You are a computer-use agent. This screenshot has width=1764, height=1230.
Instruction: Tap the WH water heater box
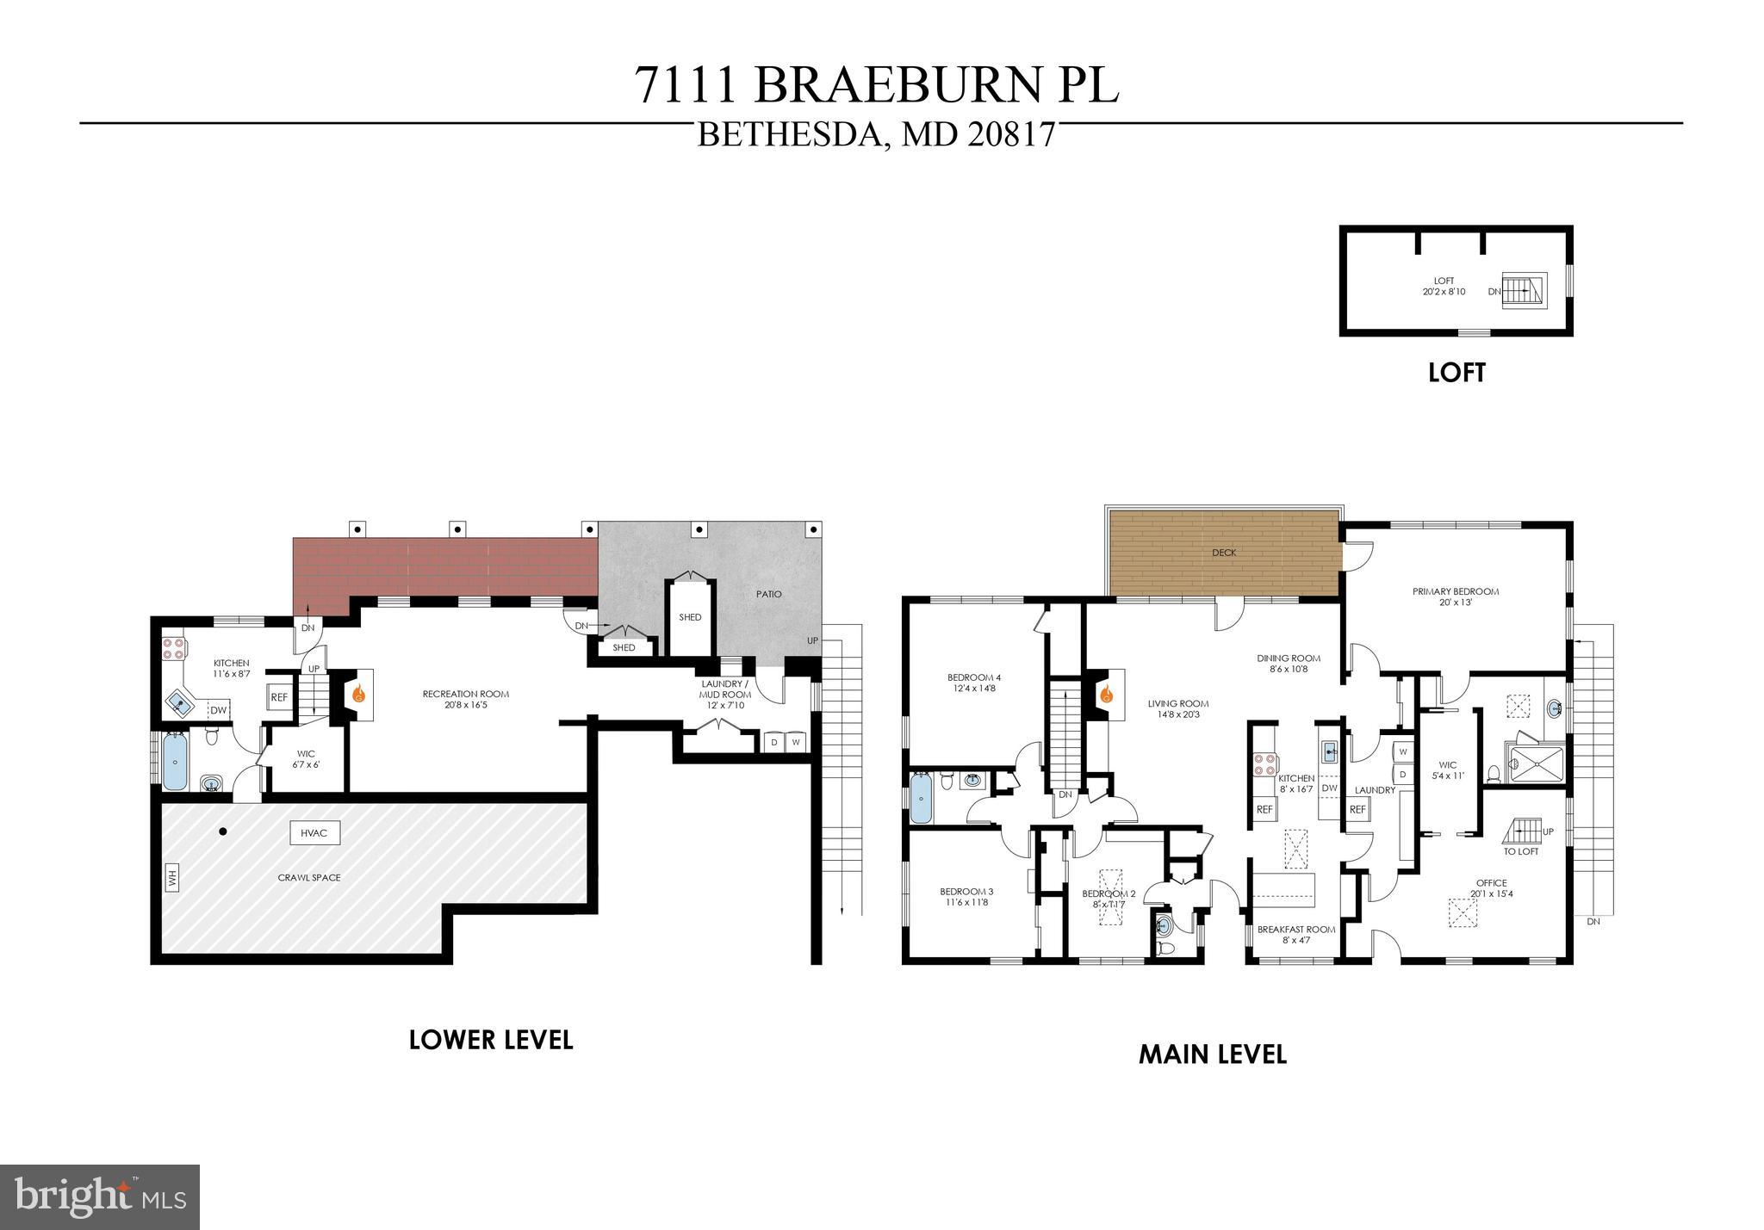tap(171, 879)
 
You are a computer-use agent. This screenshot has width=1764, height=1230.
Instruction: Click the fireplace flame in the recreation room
tap(361, 693)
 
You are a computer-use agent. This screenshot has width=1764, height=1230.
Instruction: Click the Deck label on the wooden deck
tap(1224, 553)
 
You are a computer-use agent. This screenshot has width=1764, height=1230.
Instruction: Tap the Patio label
tap(769, 594)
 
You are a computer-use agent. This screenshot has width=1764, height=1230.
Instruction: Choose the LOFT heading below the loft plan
tap(1457, 373)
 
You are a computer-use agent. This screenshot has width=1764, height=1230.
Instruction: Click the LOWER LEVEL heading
tap(490, 1040)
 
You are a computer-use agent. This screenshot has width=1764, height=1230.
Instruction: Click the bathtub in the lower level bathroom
tap(175, 761)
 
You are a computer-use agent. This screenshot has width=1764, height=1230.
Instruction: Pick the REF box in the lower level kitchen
tap(279, 697)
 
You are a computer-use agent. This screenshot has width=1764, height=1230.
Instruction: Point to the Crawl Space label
tap(309, 878)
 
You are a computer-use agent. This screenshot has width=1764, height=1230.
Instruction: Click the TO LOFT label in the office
tap(1520, 851)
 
